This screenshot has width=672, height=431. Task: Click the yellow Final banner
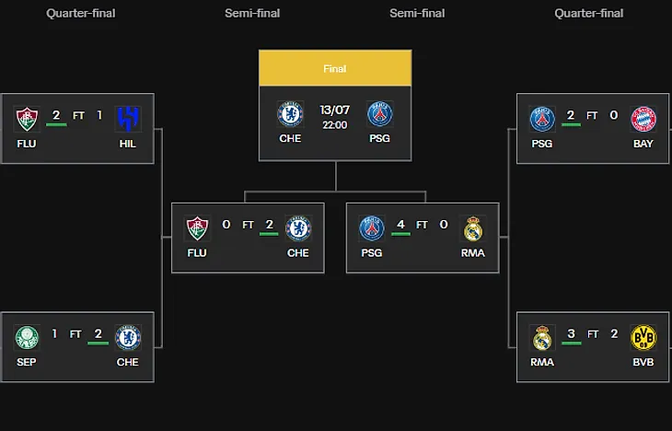[x=335, y=68]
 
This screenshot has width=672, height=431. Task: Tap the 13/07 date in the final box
[x=335, y=111]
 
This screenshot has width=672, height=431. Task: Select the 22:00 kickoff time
[x=335, y=125]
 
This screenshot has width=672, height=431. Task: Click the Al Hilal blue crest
[x=128, y=119]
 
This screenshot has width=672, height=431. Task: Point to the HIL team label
[x=127, y=144]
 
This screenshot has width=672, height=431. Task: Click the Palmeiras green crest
[x=27, y=337]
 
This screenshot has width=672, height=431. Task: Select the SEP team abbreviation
[x=27, y=362]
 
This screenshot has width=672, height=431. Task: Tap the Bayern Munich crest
[x=643, y=119]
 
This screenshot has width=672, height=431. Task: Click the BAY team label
[x=643, y=144]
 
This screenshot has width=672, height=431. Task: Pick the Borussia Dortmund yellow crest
[x=643, y=337]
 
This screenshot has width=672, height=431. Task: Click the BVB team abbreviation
[x=643, y=362]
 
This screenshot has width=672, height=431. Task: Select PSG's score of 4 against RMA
[x=400, y=225]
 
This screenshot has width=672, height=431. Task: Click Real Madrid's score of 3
[x=571, y=333]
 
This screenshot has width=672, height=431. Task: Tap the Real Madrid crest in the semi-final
[x=473, y=228]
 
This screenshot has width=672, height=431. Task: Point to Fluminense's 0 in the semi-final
[x=226, y=225]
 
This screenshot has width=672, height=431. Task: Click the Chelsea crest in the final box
[x=290, y=114]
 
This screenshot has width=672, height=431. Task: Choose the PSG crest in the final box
[x=379, y=114]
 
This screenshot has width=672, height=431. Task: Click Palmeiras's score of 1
[x=54, y=333]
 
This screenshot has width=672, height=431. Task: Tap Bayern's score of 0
[x=614, y=115]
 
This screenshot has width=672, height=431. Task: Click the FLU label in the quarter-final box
[x=27, y=144]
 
